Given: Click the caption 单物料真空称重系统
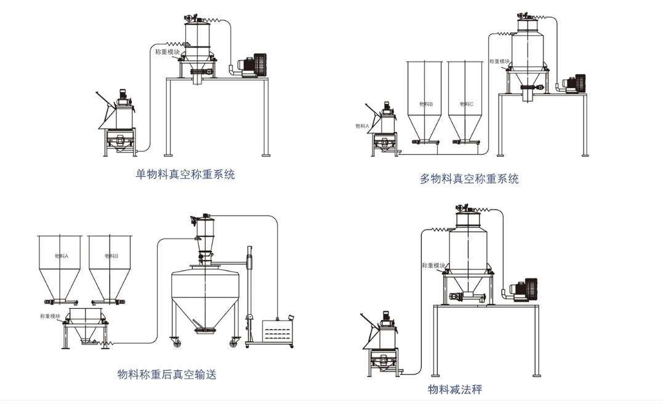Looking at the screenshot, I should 185,174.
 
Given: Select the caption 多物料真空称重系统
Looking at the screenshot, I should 469,179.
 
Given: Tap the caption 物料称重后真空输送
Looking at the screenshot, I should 167,374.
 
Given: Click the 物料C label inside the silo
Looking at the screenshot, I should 467,104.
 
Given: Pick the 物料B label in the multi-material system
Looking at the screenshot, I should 425,104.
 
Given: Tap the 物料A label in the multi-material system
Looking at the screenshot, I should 362,126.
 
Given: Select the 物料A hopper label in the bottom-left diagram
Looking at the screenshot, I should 61,255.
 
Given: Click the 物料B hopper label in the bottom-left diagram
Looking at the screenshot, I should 111,255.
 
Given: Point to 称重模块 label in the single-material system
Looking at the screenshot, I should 168,52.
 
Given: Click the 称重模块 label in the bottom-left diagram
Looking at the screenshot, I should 50,316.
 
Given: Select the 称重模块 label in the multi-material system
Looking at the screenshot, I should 499,62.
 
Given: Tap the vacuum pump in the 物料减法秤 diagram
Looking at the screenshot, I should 524,290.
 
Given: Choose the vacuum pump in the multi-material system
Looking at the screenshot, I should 576,84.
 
